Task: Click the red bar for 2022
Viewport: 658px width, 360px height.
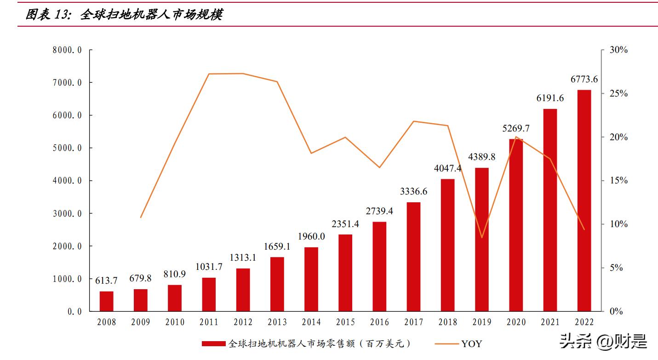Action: pos(584,200)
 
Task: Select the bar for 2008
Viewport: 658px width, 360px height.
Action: pos(106,301)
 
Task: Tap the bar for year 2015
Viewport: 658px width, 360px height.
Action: pos(345,273)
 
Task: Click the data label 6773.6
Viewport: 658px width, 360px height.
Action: pos(584,80)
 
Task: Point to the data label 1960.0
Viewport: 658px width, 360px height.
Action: pos(311,237)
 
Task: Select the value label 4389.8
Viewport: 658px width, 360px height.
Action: pos(482,157)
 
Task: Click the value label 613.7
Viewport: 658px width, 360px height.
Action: pos(106,280)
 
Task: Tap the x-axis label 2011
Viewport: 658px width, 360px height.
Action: pos(209,322)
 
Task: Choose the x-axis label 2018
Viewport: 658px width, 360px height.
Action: pos(447,322)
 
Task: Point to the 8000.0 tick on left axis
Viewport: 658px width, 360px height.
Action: pos(67,50)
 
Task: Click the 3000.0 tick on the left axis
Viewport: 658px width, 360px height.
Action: pos(67,214)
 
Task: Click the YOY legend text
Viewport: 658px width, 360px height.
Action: pos(472,343)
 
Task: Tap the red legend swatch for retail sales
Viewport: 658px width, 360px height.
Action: pos(214,343)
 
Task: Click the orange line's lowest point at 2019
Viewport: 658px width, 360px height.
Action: pos(482,237)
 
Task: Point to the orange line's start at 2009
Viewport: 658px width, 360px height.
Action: pos(141,217)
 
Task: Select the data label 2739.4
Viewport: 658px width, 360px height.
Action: pos(379,211)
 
